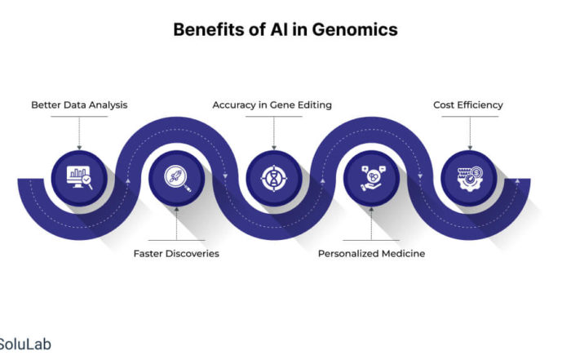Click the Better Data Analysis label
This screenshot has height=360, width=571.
[x=79, y=105]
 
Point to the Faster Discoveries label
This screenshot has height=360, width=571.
[x=176, y=254]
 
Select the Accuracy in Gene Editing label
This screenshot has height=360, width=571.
[x=272, y=105]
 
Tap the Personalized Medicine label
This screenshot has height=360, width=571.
[x=371, y=254]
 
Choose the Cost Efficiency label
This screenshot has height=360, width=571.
[x=467, y=105]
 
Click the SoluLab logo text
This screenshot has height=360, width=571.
[x=25, y=344]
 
